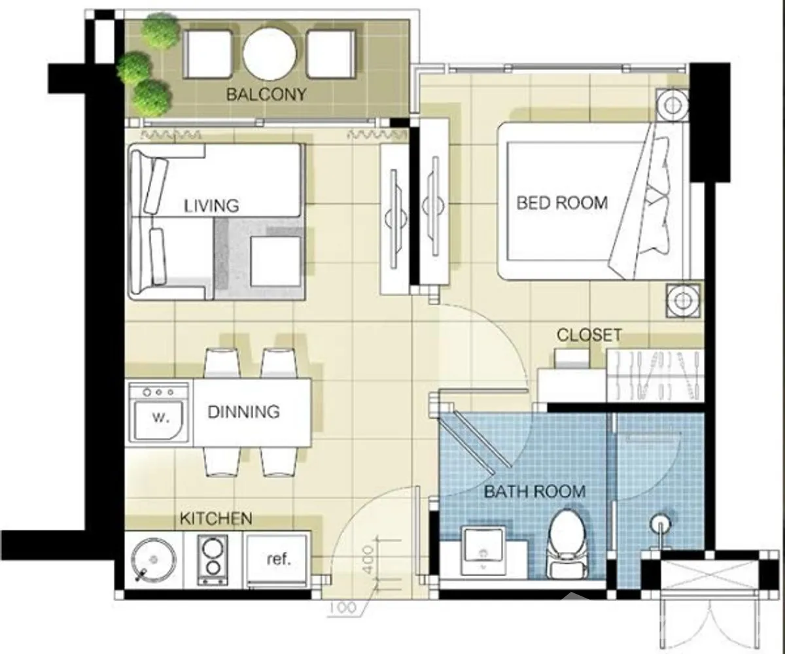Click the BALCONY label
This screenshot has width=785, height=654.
click(266, 94)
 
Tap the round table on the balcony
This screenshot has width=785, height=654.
click(270, 54)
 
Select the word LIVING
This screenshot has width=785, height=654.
click(211, 206)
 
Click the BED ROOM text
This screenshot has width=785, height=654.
click(562, 203)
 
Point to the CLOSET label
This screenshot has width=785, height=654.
click(589, 335)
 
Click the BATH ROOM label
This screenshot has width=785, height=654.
click(534, 492)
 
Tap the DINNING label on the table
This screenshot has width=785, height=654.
click(243, 412)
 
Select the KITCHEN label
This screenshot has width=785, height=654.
click(216, 519)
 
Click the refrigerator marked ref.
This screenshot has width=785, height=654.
click(277, 560)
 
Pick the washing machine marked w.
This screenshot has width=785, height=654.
click(159, 412)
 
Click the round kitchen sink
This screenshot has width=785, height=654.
click(153, 560)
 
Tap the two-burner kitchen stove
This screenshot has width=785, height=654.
click(213, 560)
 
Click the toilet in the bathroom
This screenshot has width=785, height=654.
click(567, 544)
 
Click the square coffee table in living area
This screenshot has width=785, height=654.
click(276, 262)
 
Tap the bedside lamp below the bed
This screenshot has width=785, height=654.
click(683, 300)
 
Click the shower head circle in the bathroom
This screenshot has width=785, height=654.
click(660, 524)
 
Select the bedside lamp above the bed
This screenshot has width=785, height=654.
click(672, 105)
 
